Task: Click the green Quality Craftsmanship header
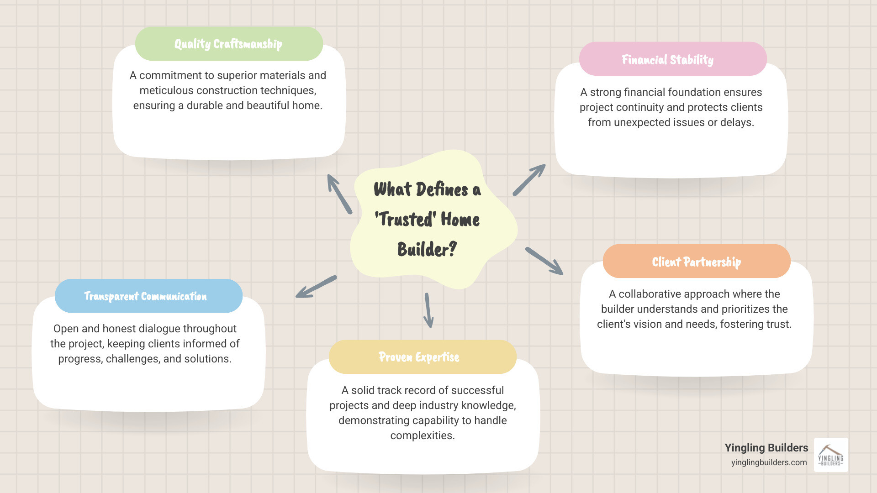click(x=229, y=44)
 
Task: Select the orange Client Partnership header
click(x=696, y=262)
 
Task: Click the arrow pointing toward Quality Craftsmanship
click(x=339, y=194)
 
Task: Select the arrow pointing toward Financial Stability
click(x=529, y=180)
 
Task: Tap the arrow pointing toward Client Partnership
click(x=544, y=261)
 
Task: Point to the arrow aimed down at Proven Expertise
click(x=428, y=310)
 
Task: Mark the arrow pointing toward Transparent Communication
click(x=316, y=287)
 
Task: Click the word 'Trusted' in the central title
click(x=404, y=220)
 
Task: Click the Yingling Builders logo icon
click(x=831, y=455)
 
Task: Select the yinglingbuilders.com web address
click(x=769, y=462)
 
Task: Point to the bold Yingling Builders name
click(x=766, y=448)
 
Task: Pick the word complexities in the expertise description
click(x=422, y=435)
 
